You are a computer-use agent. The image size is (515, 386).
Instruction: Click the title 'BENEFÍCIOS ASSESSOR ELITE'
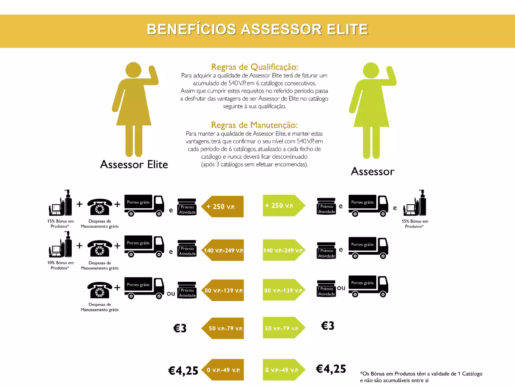point(257,29)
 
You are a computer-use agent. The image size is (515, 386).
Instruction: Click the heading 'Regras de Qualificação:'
point(254,67)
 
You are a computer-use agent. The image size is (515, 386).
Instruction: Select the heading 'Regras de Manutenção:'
point(254,125)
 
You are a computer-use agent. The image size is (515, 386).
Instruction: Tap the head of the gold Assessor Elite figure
point(133,70)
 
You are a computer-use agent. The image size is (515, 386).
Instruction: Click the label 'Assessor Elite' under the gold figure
point(134,164)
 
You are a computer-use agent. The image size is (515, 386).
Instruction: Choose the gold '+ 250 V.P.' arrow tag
point(223,207)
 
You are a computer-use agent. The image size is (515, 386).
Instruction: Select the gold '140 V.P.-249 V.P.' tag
point(223,250)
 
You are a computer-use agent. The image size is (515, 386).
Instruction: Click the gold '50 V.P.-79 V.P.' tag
point(223,328)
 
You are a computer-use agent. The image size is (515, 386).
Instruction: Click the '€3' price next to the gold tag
point(180,328)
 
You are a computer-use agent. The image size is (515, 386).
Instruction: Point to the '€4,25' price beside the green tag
point(331,369)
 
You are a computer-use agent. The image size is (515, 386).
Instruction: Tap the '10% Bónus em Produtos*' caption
point(60,265)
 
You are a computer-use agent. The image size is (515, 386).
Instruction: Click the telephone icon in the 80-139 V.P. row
point(100,290)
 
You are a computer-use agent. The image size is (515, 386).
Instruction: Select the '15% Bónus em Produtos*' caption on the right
point(415,224)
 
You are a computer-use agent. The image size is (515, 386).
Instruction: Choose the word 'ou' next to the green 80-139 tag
point(341,288)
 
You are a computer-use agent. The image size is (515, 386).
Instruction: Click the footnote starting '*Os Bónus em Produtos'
point(421,377)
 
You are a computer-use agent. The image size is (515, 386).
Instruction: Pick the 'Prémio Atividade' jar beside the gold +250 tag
point(187,207)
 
